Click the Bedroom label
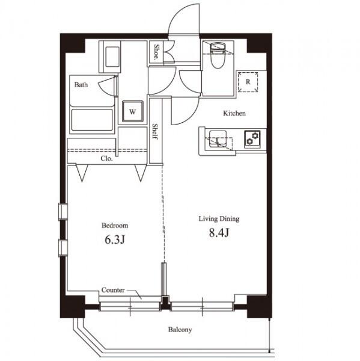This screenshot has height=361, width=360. [x=115, y=225]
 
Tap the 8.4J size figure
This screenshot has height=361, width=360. [x=219, y=233]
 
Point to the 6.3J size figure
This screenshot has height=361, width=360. [x=115, y=240]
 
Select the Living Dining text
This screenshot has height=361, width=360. [x=219, y=219]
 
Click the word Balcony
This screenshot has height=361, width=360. [x=180, y=330]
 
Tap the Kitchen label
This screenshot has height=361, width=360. [x=234, y=113]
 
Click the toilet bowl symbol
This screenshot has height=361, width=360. [x=218, y=55]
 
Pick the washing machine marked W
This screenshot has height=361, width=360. [x=133, y=111]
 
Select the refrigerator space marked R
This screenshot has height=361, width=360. [x=248, y=82]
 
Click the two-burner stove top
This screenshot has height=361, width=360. [x=252, y=138]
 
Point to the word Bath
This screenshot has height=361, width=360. [x=81, y=85]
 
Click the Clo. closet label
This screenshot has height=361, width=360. [x=107, y=159]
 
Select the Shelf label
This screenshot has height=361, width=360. [x=155, y=131]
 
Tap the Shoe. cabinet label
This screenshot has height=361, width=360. [x=156, y=52]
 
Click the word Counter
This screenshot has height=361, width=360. [x=113, y=290]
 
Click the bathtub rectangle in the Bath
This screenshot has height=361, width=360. [x=92, y=120]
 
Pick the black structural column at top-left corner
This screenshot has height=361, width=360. [x=73, y=43]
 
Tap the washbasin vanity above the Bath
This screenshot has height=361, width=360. [x=109, y=57]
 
